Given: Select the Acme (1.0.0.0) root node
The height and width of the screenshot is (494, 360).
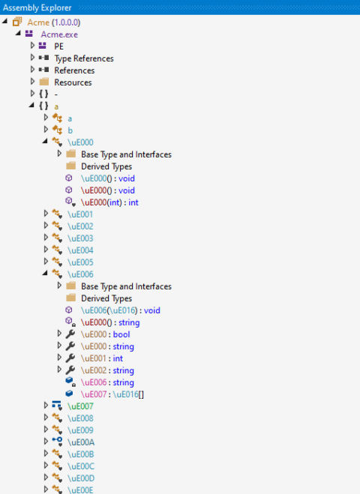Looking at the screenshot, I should tap(53, 22).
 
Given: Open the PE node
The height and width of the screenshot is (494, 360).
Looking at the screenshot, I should tap(58, 46).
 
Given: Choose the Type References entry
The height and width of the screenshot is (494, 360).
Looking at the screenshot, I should tap(84, 58).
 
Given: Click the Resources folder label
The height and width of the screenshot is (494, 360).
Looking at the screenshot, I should tap(73, 82).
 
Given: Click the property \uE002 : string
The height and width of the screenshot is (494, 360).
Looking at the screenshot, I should tap(107, 370).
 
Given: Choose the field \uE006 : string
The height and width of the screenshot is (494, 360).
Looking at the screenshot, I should tap(107, 382).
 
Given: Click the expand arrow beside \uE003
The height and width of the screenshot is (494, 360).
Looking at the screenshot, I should tap(46, 238).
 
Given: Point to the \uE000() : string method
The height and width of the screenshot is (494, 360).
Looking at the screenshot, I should tap(112, 322).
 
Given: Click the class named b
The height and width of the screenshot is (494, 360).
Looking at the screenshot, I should tap(70, 130).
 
